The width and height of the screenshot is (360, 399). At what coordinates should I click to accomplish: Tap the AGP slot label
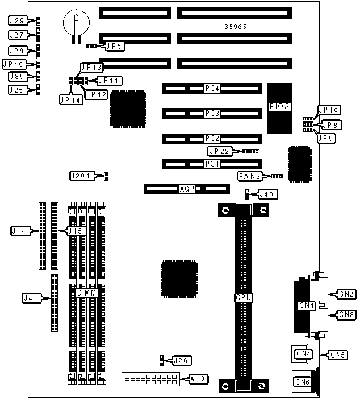(187, 188)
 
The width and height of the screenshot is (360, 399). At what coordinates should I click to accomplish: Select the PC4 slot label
(212, 88)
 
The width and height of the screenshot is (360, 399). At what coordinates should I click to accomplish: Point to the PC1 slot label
(212, 164)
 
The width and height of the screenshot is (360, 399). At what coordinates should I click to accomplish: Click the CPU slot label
(244, 297)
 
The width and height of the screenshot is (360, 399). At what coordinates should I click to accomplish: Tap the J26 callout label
(183, 360)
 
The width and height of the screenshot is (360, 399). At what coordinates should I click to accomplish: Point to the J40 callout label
(267, 194)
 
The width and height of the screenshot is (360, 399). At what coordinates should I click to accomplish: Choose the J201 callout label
(80, 176)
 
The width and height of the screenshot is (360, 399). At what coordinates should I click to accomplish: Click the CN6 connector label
(302, 383)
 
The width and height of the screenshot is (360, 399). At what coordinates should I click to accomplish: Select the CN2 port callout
(347, 294)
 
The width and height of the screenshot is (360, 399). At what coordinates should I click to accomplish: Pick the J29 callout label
(17, 21)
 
